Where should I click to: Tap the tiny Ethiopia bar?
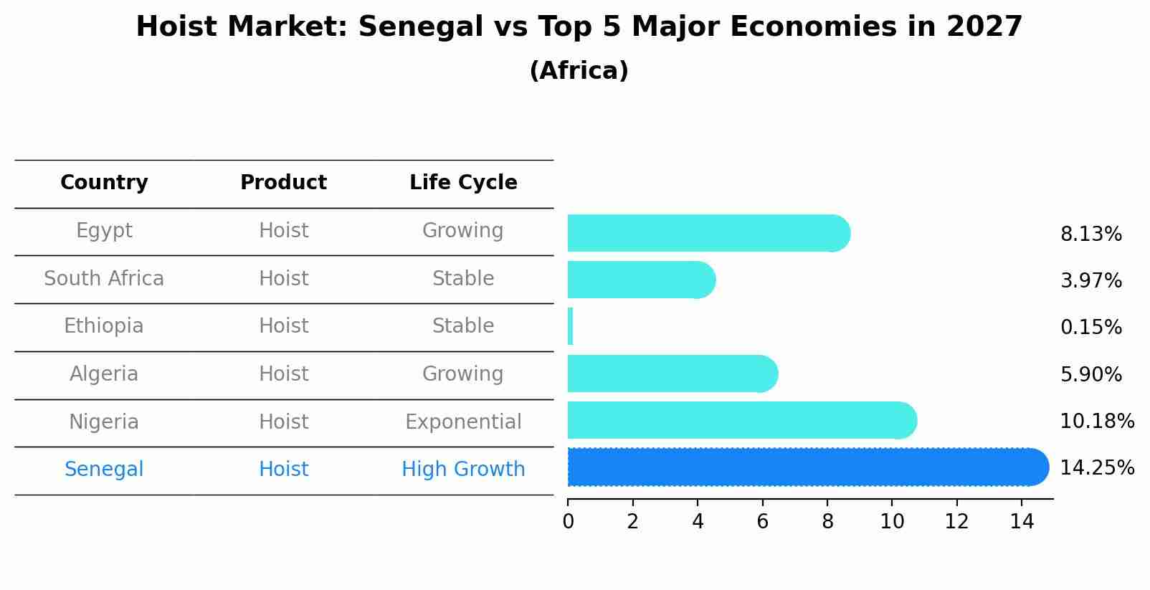click(x=570, y=327)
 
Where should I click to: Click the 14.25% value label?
click(x=1096, y=468)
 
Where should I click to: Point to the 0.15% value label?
click(x=1090, y=328)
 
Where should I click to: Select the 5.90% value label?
click(x=1090, y=374)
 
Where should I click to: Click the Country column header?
click(x=104, y=183)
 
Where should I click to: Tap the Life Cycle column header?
click(x=463, y=183)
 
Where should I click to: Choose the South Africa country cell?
click(x=104, y=278)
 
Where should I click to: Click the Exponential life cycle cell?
click(x=463, y=422)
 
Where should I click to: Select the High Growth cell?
click(x=463, y=470)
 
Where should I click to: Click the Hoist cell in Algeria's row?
click(x=283, y=374)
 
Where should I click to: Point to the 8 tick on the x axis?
click(x=827, y=521)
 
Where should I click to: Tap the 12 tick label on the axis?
click(x=956, y=521)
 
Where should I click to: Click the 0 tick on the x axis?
click(x=568, y=521)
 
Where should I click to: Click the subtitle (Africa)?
click(x=579, y=71)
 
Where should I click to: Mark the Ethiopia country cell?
click(x=104, y=326)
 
